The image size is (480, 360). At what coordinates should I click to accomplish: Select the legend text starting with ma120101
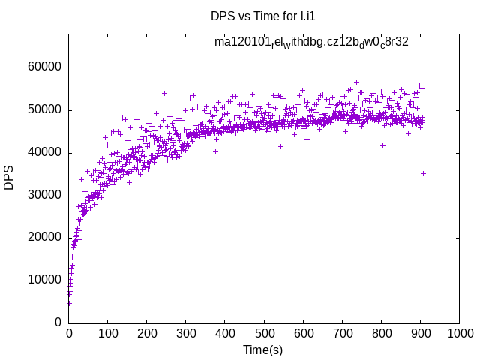311,42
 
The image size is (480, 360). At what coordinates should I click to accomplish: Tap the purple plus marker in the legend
430,43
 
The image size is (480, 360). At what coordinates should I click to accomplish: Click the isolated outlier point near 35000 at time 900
423,173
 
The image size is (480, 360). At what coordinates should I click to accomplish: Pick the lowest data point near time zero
69,303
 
